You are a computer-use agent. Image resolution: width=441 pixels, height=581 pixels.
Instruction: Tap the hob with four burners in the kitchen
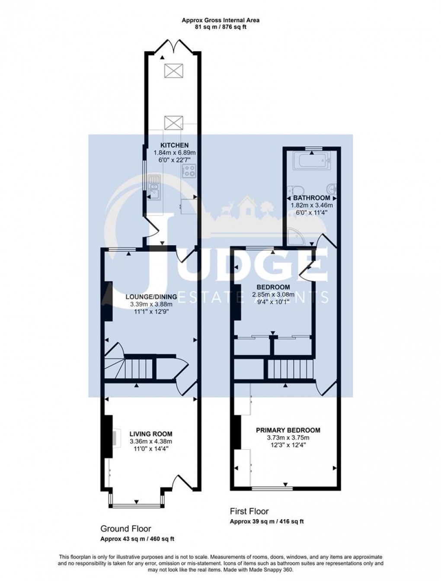coord(189,170)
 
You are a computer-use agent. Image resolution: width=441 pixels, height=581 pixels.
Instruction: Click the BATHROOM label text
coord(311,198)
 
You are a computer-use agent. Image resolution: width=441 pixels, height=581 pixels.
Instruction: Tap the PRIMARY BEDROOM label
coord(288,430)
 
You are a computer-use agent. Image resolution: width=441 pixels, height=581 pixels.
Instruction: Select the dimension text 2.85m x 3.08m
coord(273,295)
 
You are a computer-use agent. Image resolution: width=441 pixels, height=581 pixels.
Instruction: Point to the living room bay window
coord(137,505)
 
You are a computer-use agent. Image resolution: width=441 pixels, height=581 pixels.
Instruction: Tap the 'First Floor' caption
coord(249,511)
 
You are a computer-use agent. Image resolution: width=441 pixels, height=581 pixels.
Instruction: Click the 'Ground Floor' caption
coord(126,529)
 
